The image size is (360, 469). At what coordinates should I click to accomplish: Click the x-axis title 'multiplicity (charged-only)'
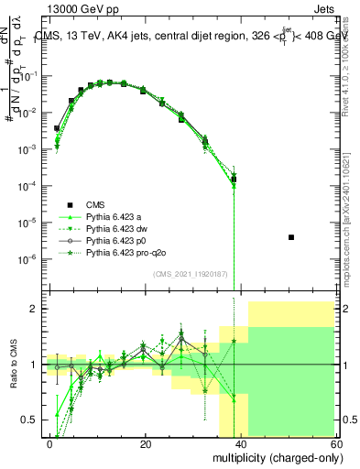point(273,457)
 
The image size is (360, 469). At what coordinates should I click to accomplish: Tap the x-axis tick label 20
point(146,443)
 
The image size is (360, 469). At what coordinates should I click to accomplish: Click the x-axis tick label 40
point(241,443)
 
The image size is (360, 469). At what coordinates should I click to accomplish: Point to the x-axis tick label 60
point(335,443)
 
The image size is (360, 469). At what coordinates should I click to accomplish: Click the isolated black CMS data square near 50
point(290,237)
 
